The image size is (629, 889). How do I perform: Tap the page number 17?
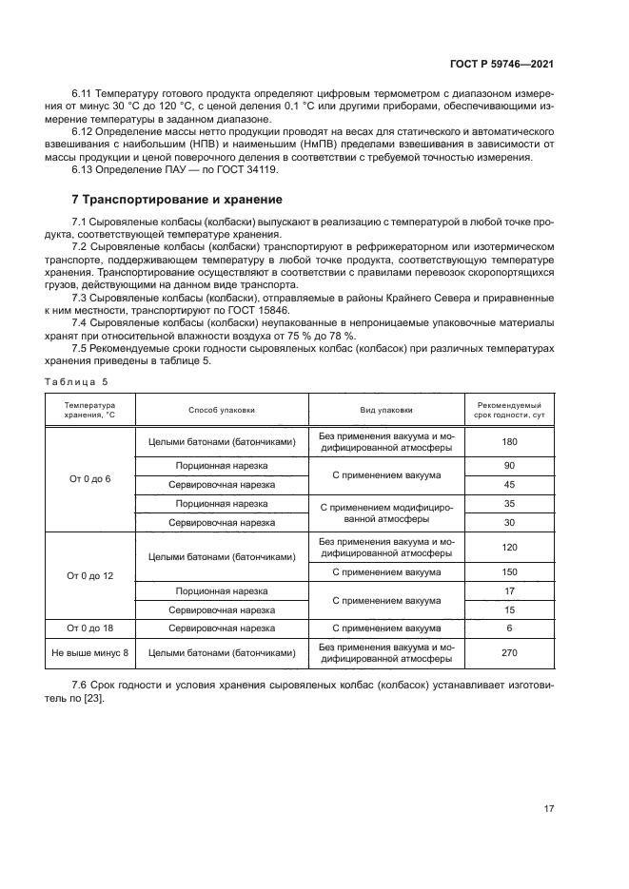click(548, 809)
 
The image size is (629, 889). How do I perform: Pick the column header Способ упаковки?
click(222, 411)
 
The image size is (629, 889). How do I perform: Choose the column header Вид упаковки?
click(385, 411)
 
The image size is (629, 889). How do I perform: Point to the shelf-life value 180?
click(509, 441)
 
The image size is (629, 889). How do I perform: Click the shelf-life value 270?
click(509, 653)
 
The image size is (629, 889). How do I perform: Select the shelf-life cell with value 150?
click(509, 572)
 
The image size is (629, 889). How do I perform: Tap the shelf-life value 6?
click(509, 628)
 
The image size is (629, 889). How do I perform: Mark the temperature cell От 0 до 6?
click(90, 478)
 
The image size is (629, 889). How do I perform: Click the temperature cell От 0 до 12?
click(90, 576)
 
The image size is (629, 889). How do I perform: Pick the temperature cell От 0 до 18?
click(90, 628)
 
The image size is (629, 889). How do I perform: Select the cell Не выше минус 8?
click(90, 653)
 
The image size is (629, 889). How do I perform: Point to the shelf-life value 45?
click(509, 484)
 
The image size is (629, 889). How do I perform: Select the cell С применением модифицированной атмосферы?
click(385, 513)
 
